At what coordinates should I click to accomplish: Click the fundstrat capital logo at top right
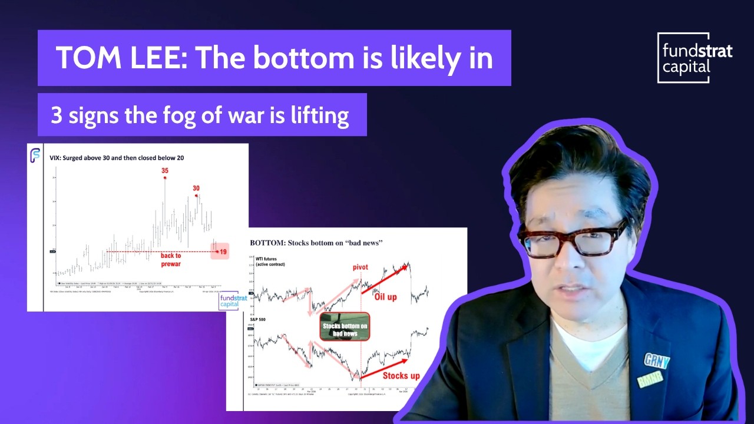[x=695, y=58]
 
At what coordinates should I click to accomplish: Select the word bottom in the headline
[x=300, y=58]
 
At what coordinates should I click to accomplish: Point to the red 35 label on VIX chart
[x=165, y=171]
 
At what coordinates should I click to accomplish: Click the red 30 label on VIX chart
[x=196, y=188]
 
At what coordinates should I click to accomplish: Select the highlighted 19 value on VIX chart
[x=223, y=252]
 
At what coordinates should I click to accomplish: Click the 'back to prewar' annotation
[x=171, y=260]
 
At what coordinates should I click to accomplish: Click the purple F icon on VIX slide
[x=35, y=155]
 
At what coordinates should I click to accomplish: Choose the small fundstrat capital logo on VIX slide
[x=230, y=301]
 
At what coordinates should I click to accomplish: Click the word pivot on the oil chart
[x=360, y=267]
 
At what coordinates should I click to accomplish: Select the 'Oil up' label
[x=385, y=297]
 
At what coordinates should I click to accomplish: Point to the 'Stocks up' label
[x=401, y=376]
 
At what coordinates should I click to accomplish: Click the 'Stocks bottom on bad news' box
[x=345, y=327]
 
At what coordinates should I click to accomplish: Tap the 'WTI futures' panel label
[x=268, y=261]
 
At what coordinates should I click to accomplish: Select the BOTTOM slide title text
[x=316, y=243]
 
